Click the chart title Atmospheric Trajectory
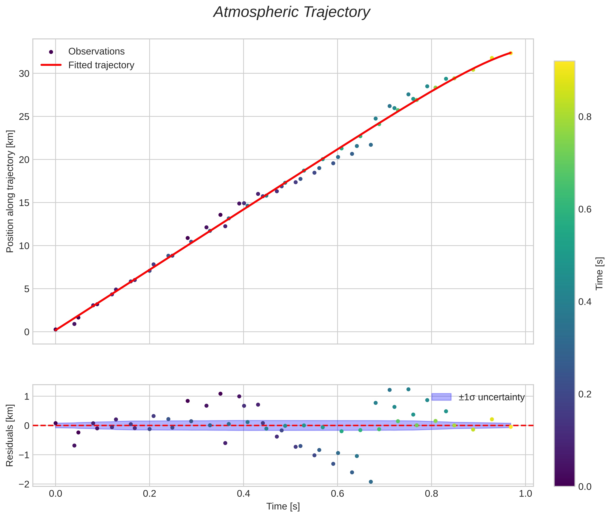pos(292,12)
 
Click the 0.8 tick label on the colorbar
pos(585,117)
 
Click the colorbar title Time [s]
pos(600,273)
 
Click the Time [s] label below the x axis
pos(283,506)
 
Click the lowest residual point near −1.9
pos(371,482)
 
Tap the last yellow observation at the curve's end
pos(511,53)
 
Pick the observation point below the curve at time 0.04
pos(74,324)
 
